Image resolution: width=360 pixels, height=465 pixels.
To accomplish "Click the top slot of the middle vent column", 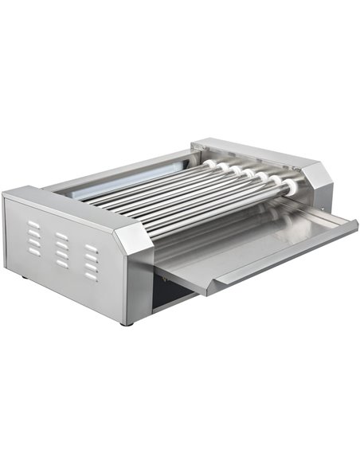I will (x=62, y=235).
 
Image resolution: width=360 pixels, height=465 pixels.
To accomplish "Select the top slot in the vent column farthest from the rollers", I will (x=33, y=224).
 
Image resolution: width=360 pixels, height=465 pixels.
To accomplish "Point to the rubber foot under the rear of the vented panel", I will (x=25, y=277).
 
